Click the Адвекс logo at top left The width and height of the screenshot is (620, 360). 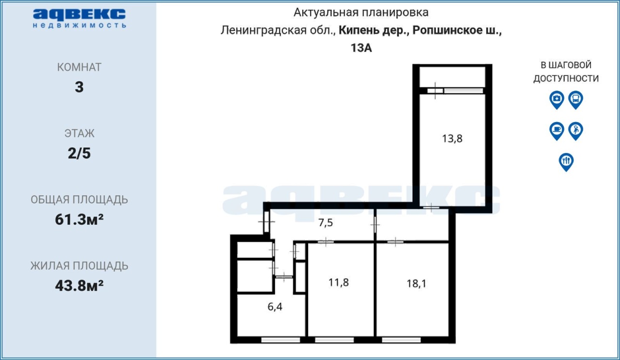79,18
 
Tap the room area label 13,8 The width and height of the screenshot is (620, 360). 452,139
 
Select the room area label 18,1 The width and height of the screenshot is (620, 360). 416,283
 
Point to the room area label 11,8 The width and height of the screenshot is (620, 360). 338,282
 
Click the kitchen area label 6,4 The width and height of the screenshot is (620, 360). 275,307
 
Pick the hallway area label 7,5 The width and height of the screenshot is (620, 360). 325,223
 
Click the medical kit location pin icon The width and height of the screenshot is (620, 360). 557,100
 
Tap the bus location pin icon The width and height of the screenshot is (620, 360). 576,100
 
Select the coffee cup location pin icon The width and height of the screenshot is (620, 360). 557,131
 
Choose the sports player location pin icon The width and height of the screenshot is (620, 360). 576,131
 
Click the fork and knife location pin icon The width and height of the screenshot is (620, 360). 566,162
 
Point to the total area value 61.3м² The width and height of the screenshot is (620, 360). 79,219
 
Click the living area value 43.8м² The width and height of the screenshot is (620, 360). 79,286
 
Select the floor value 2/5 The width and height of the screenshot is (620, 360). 79,153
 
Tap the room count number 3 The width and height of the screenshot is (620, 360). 79,87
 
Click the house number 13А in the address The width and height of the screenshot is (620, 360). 361,48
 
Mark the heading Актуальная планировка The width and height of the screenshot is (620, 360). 361,13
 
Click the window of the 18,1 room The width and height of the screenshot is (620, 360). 401,340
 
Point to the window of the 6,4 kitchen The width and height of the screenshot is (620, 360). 280,340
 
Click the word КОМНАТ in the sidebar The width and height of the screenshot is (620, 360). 79,67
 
